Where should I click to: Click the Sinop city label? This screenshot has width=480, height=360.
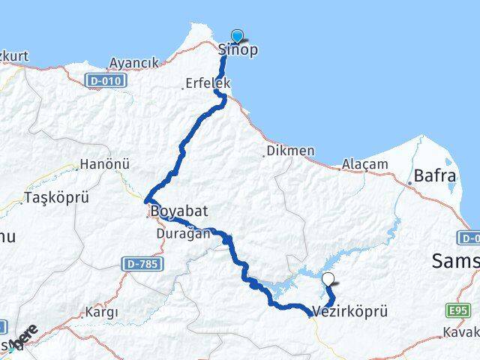click(x=238, y=50)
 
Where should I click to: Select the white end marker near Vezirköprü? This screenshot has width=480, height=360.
click(x=328, y=281)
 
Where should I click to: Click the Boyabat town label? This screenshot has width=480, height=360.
click(x=179, y=211)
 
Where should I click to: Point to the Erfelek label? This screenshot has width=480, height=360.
click(x=208, y=84)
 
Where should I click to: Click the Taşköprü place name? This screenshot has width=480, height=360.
click(x=57, y=198)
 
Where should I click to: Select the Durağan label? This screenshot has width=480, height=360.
click(x=183, y=234)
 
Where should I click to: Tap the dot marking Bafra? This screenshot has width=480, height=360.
click(x=410, y=182)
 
